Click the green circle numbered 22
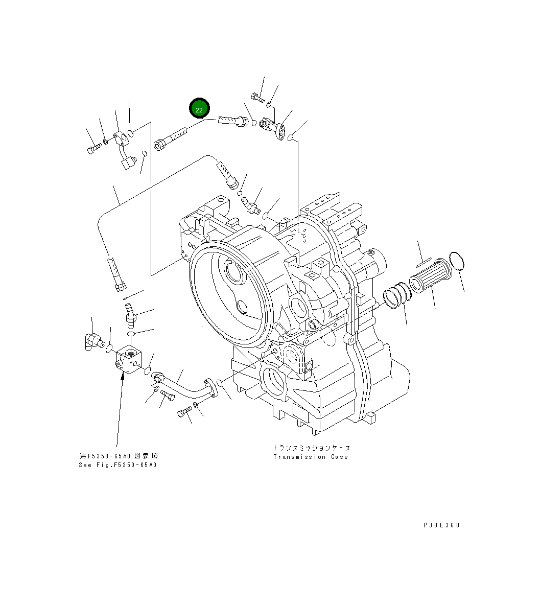click(199, 109)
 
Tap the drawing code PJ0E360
click(441, 525)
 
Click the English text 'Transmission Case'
click(310, 457)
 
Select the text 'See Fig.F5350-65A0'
click(117, 465)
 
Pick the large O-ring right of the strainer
click(456, 261)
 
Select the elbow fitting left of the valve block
click(92, 341)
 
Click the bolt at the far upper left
click(93, 149)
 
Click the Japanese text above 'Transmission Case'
click(311, 448)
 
